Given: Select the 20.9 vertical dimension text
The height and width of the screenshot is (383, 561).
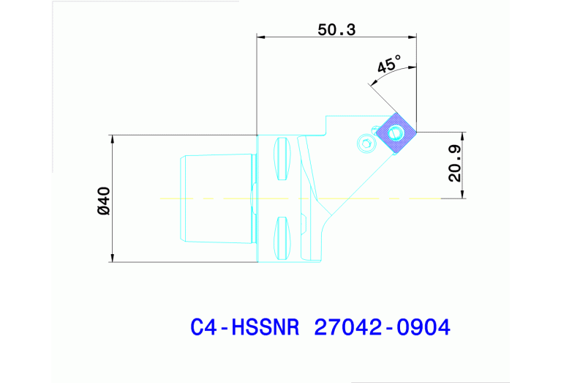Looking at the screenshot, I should click(454, 163).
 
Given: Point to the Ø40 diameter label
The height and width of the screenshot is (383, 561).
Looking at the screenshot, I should click(103, 200).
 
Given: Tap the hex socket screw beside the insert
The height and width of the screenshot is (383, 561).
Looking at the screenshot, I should click(366, 143).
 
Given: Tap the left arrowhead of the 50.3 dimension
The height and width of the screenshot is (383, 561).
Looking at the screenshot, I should click(260, 37).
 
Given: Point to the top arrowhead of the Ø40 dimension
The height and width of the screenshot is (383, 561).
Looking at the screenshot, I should click(112, 138).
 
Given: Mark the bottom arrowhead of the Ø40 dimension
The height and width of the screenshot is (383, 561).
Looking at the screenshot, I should click(112, 258).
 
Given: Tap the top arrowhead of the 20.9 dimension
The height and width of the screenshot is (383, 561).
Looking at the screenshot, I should click(462, 136).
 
